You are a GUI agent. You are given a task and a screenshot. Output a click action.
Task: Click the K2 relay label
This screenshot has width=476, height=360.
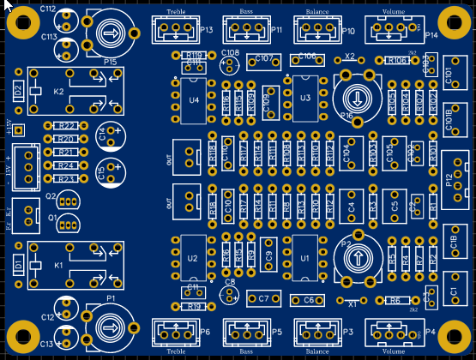click(58, 91)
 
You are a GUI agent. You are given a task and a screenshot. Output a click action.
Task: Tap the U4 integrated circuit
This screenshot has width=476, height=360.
click(192, 100)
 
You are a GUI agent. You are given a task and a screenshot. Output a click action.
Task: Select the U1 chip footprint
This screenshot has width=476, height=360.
click(303, 257)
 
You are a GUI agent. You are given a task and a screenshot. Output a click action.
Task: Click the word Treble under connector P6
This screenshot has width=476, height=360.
click(176, 351)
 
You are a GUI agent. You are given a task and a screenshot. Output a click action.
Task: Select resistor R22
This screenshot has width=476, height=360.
click(65, 126)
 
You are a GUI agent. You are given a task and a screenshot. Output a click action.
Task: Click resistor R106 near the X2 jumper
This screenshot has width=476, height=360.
click(397, 62)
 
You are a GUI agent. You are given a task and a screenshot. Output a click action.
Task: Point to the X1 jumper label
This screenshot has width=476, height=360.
click(351, 303)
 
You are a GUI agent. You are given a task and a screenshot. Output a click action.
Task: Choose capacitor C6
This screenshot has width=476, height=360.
click(307, 299)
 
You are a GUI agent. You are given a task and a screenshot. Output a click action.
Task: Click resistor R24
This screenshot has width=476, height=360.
click(65, 165)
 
